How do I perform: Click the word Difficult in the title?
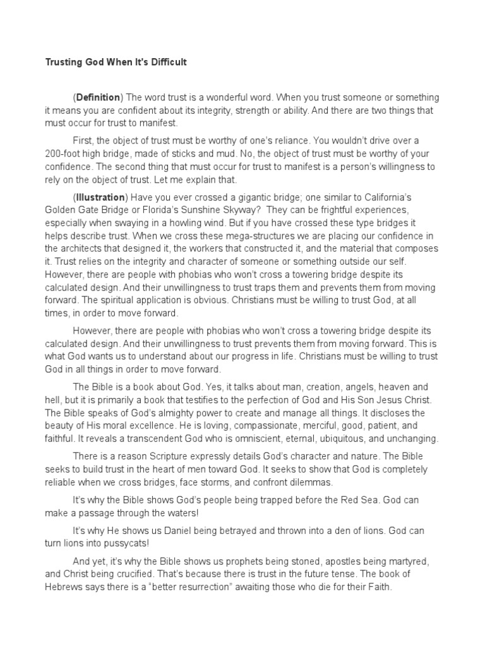pyautogui.click(x=168, y=63)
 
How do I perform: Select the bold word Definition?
pyautogui.click(x=98, y=97)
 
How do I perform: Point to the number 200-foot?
pyautogui.click(x=65, y=153)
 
